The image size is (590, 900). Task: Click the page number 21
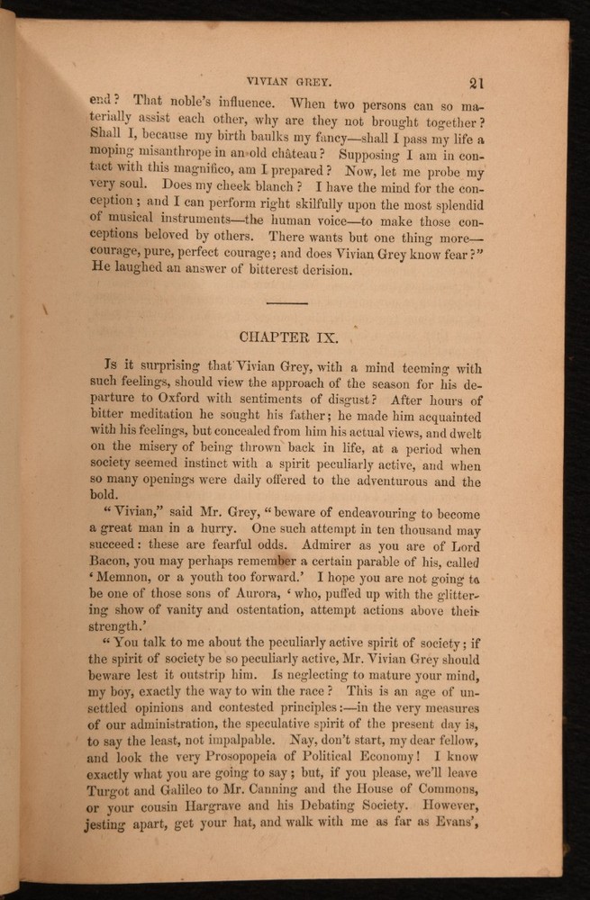(477, 82)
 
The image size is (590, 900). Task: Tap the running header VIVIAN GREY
(290, 78)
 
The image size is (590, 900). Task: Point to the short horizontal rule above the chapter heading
(287, 302)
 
